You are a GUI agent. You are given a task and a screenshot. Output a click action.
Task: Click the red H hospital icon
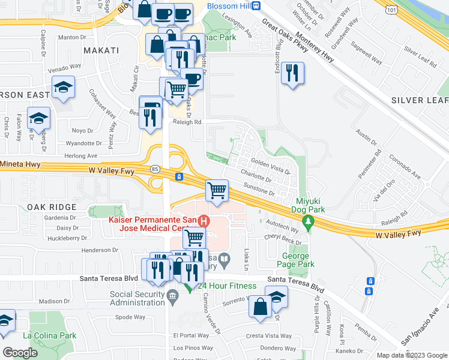tap(204, 221)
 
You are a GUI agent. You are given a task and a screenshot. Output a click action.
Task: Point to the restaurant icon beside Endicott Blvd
tap(292, 74)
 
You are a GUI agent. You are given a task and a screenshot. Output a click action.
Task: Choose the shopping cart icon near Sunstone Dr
tap(217, 191)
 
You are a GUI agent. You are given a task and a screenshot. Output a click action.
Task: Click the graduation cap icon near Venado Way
tap(62, 88)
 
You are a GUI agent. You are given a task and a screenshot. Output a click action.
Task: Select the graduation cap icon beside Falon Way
tap(38, 118)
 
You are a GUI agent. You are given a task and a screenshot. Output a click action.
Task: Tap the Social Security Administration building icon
tap(172, 295)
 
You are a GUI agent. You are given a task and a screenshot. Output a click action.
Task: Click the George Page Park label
tap(298, 260)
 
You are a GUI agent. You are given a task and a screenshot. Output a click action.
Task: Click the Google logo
tap(20, 353)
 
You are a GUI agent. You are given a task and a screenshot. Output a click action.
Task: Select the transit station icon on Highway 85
tap(178, 177)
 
